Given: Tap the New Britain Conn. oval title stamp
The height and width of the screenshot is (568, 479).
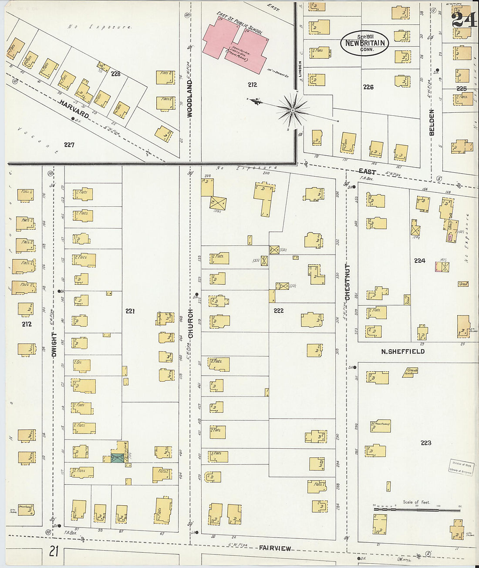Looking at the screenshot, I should coord(364,43).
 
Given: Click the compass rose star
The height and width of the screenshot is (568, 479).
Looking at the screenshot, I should coord(293,110).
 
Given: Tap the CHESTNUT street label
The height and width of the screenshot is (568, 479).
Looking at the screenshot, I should coord(347,282).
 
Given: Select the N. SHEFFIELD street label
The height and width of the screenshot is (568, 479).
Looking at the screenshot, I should coord(403,351).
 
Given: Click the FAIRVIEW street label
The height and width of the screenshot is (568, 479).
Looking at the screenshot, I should coord(275,548).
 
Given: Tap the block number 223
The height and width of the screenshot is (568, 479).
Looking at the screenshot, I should coord(425,443).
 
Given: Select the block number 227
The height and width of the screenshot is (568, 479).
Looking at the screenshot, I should coord(69,145).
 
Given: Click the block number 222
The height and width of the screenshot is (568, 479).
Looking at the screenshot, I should coord(278,310).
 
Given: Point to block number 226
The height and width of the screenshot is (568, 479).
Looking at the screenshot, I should coord(368,87).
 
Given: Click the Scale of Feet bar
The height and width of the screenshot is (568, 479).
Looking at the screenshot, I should coord(417,509).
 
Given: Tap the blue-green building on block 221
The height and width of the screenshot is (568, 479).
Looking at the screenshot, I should coord(117,458).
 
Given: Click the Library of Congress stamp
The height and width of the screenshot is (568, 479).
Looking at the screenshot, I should coord(461,467).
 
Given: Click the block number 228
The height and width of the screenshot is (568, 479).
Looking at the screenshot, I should coord(115,74).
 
